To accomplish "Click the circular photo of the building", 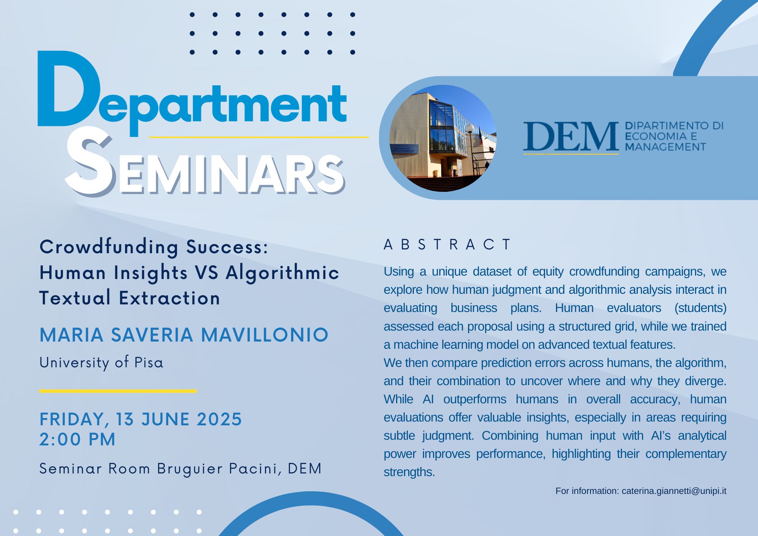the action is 443,138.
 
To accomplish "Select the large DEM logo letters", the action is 571,136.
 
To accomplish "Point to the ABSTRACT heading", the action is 448,244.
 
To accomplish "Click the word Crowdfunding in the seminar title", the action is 109,247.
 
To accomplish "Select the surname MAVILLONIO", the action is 265,335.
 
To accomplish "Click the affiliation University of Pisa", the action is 101,362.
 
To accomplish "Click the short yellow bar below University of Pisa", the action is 118,391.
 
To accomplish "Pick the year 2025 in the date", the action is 219,419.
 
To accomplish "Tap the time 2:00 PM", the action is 77,439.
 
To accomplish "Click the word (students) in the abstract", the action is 700,308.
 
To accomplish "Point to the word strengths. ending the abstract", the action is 409,472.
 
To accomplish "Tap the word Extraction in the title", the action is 169,298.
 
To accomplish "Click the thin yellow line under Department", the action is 259,137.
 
